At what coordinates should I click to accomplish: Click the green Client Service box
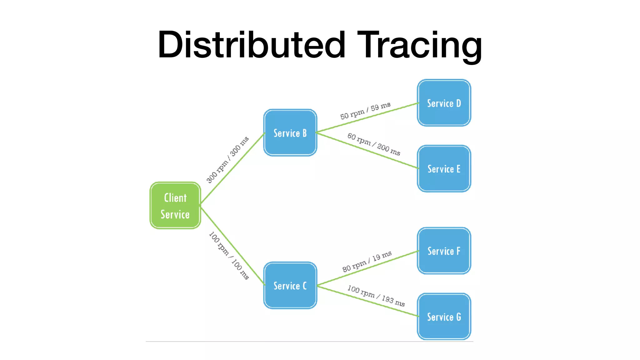pos(175,206)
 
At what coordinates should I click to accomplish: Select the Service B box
pos(290,133)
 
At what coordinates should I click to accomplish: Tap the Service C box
pos(290,285)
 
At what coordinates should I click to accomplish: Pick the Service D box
pos(444,103)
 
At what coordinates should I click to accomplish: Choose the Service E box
pos(444,169)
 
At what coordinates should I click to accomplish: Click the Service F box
pos(444,251)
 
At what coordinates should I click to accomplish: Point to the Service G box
pos(444,317)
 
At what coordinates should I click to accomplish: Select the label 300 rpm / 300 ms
pos(227,159)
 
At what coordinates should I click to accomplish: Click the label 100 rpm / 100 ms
pos(229,255)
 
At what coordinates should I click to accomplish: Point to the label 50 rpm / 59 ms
pos(365,111)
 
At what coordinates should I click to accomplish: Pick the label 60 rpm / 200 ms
pos(374,144)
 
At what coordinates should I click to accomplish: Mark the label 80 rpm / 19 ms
pos(367,262)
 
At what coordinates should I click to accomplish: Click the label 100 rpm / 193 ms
pos(376,296)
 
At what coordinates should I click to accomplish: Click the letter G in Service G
pos(458,317)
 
